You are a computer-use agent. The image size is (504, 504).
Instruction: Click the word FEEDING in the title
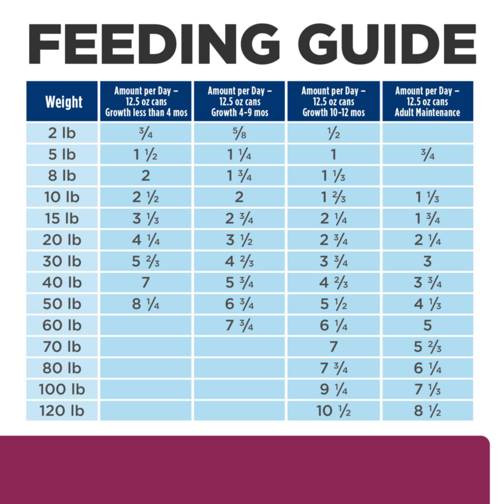[151, 44]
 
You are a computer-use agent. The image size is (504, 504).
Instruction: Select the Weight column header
[63, 102]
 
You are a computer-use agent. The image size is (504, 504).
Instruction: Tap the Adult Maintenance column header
[427, 102]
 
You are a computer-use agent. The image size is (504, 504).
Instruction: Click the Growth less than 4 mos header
[146, 102]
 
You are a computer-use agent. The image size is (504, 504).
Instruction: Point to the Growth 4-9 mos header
[239, 102]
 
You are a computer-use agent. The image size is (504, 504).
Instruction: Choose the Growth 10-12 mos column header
[333, 102]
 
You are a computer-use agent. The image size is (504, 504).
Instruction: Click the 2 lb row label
[63, 133]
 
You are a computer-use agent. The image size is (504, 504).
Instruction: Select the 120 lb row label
[63, 411]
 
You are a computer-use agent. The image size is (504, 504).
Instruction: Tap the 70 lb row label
[63, 347]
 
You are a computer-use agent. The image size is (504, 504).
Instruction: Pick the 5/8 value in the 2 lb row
[239, 133]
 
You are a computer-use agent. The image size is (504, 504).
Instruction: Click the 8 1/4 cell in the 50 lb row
[146, 304]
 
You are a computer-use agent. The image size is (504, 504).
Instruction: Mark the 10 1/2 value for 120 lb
[333, 411]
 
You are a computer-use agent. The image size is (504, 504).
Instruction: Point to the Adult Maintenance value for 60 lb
[427, 325]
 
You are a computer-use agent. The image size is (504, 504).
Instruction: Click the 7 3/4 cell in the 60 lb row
[239, 325]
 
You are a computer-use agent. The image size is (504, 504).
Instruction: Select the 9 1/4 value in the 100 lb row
[333, 390]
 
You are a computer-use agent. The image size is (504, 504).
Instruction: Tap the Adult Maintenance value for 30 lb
[427, 261]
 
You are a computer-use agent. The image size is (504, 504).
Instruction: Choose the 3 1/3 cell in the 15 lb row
[146, 219]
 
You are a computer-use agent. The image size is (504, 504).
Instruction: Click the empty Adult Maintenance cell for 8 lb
[427, 176]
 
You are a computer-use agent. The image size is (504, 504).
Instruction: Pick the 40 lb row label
[63, 283]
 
